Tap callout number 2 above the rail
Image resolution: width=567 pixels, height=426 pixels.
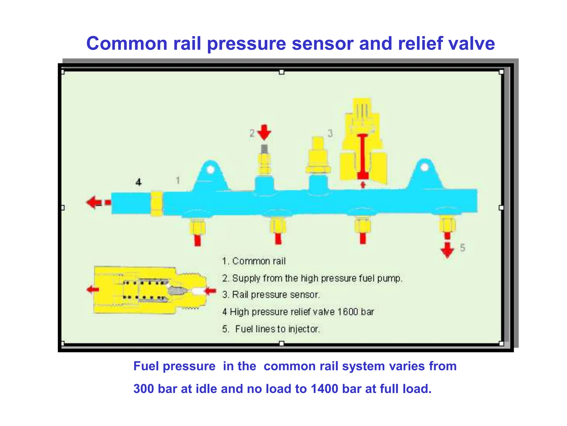point(252,133)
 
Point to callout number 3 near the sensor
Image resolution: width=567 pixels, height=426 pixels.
point(330,133)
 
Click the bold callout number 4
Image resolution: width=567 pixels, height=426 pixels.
point(138,182)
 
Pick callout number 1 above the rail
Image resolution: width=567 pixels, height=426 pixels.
point(178,181)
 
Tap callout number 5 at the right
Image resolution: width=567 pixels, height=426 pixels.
point(462,248)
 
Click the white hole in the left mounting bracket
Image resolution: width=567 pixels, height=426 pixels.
point(210,169)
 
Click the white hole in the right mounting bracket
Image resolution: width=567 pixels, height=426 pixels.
point(425,167)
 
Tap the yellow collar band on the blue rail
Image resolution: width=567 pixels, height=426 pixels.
point(157,204)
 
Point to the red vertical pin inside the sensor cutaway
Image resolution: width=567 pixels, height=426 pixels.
point(362,155)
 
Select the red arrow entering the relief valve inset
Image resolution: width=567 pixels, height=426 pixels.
point(210,291)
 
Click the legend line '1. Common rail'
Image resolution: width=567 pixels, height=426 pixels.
point(254,261)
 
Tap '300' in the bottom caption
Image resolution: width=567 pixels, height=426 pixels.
point(144,389)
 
